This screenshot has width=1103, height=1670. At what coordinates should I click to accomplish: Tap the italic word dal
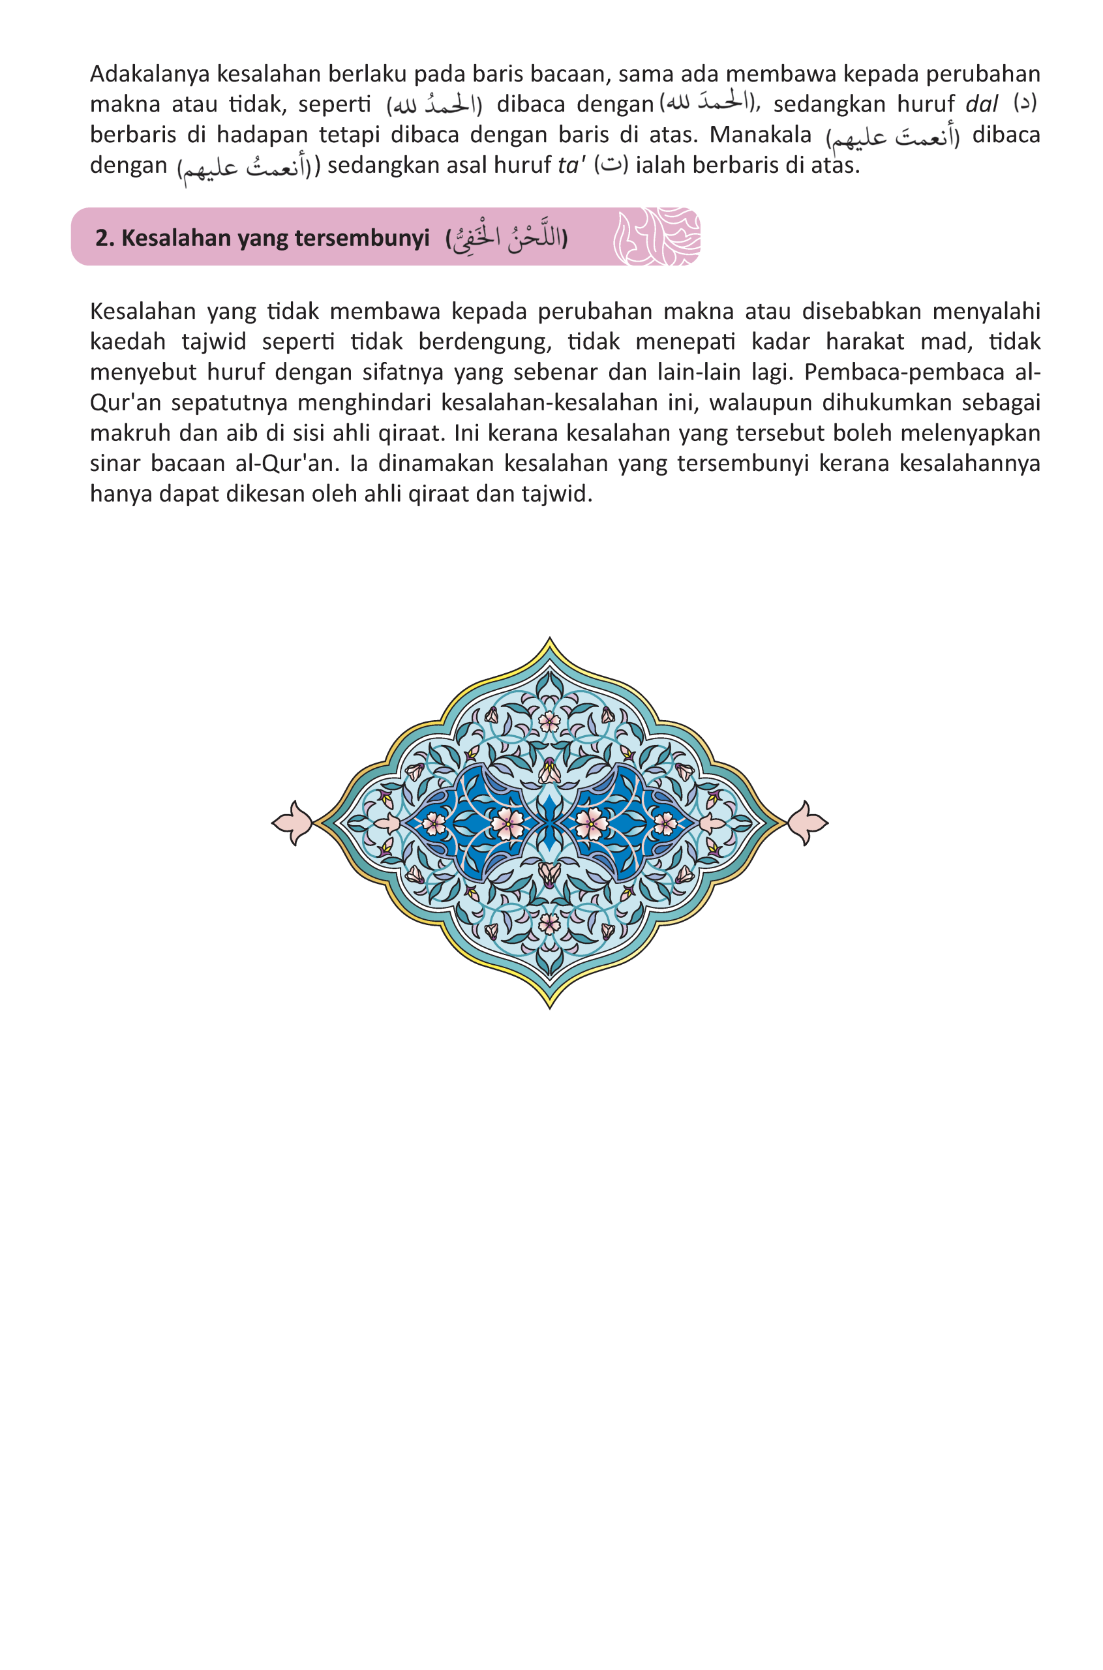coord(981,104)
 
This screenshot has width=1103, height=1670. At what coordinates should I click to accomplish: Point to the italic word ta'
coord(571,165)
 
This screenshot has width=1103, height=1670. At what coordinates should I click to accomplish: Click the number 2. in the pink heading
coord(105,237)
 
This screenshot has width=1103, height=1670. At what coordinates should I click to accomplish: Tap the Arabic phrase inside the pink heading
coord(506,237)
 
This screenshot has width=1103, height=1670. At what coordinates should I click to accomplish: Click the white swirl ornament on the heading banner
coord(656,236)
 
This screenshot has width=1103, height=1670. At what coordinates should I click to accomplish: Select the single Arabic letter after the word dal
coord(1024,104)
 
